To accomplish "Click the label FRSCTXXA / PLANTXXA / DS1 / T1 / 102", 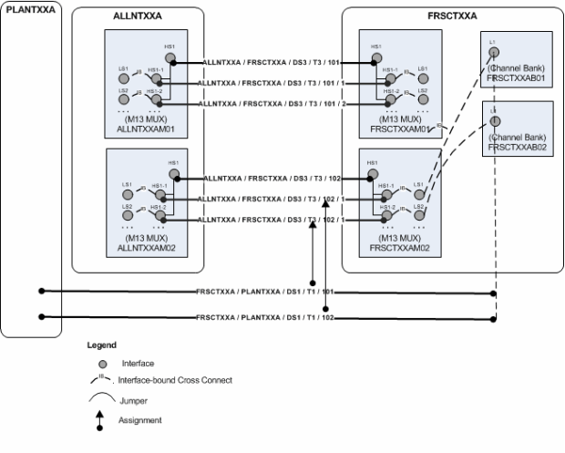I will pyautogui.click(x=266, y=317).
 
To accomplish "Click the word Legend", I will pyautogui.click(x=101, y=345).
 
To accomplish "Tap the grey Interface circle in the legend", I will pyautogui.click(x=102, y=364).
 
